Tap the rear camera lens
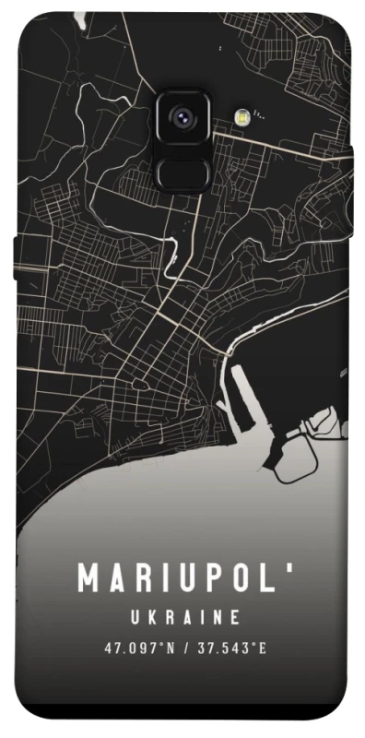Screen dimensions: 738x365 click(x=181, y=117)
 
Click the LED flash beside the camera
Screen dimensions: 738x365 click(x=243, y=116)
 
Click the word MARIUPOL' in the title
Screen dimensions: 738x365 click(x=184, y=578)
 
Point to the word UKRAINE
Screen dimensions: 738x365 click(x=184, y=616)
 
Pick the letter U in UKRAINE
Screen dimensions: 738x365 click(x=132, y=616)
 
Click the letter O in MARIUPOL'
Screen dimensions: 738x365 click(x=241, y=578)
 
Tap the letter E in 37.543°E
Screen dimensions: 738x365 click(x=263, y=649)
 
